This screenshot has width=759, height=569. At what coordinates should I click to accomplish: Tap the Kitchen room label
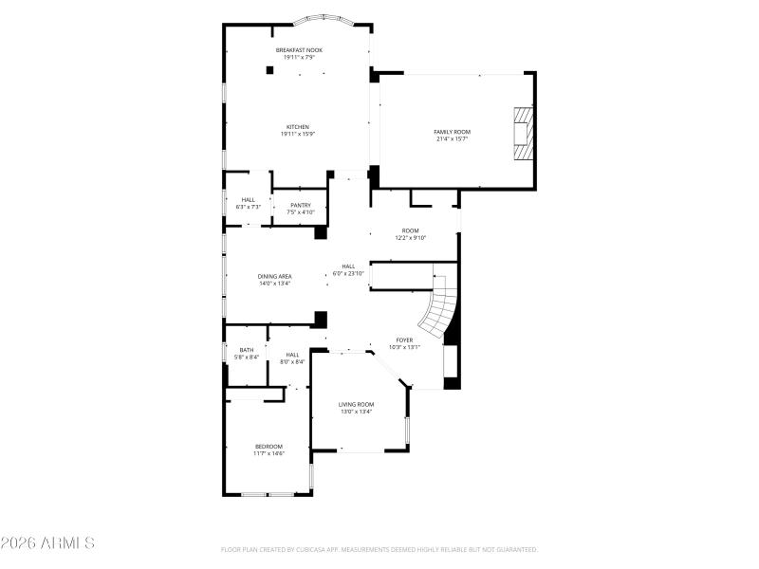[x=298, y=127]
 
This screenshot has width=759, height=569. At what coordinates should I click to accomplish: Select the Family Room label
[x=452, y=132]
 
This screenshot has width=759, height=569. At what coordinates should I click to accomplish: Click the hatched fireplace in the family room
[x=521, y=137]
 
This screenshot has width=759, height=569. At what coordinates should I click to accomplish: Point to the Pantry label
[x=300, y=205]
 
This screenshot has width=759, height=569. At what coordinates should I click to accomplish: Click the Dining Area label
[x=274, y=276]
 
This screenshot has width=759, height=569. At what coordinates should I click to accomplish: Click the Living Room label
[x=356, y=404]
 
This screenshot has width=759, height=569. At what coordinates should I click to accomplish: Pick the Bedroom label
[x=268, y=446]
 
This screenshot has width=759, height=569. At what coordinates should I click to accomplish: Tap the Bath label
[x=247, y=350]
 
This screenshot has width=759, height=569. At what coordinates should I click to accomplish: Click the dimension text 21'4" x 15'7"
[x=452, y=139]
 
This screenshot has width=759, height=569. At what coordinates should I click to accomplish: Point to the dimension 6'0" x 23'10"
[x=348, y=274]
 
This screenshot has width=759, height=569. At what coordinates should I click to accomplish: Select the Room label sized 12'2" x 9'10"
[x=410, y=230]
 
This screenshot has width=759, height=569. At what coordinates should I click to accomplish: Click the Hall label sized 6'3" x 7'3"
[x=248, y=199]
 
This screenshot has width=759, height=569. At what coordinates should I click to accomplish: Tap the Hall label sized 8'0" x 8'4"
[x=292, y=355]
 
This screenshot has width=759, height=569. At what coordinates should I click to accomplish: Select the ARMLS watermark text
[x=47, y=543]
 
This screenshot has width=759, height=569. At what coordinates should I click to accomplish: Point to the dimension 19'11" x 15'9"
[x=298, y=135]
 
